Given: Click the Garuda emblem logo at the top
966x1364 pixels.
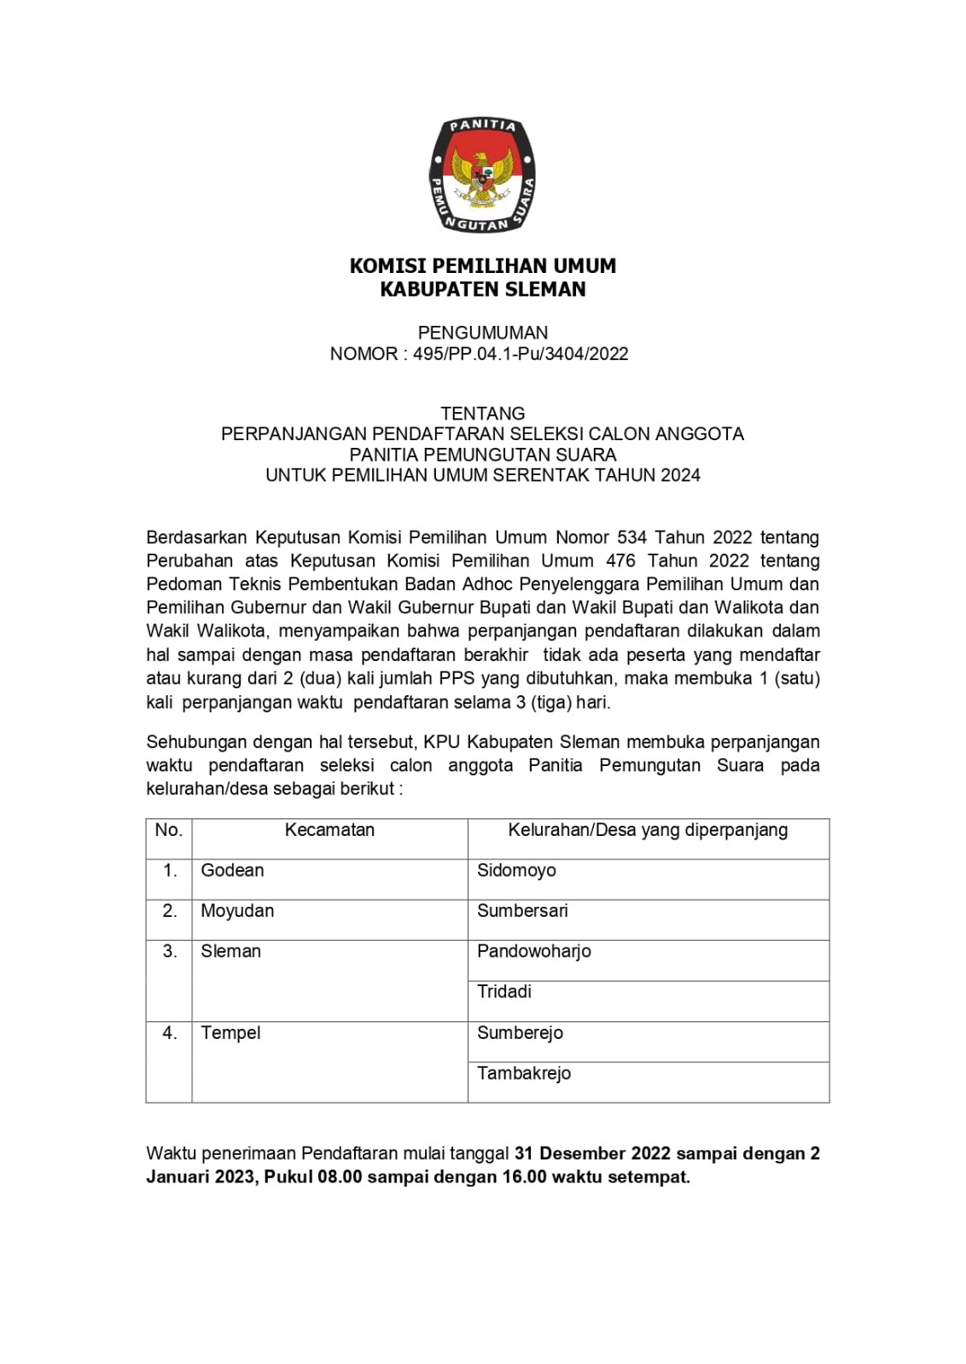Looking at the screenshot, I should [x=482, y=175].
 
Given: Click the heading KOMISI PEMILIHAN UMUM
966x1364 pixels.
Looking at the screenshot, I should [x=482, y=266].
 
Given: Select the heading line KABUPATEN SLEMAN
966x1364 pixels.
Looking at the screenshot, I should [x=482, y=289].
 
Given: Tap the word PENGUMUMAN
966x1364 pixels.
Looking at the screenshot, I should [x=482, y=333].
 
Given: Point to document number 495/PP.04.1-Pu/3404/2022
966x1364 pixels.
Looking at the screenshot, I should [x=521, y=354].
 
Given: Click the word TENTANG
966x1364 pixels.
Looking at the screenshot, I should [x=482, y=414].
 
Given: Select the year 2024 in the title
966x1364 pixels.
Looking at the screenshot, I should [x=680, y=475].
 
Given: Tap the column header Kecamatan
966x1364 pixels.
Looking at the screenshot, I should [x=329, y=830].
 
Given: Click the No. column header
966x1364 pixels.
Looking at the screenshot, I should [x=169, y=830].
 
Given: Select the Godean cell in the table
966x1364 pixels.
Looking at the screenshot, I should [x=232, y=870].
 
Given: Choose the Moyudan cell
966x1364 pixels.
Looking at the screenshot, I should [x=237, y=910].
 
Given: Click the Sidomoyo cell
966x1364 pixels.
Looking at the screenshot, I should [x=516, y=870].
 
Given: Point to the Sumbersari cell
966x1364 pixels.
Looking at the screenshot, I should [x=522, y=910].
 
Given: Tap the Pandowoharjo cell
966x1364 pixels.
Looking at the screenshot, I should [x=534, y=951].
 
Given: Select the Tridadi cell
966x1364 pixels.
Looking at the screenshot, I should [x=504, y=991].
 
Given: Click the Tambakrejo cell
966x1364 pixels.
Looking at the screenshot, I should [x=524, y=1073].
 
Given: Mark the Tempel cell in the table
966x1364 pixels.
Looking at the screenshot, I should [x=230, y=1033].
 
